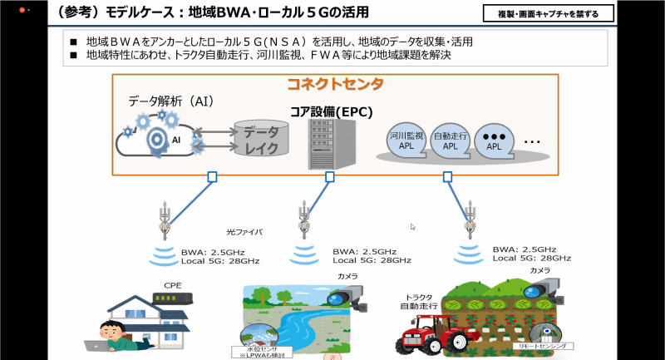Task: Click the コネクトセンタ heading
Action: coord(335,84)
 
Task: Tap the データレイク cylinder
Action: coord(259,139)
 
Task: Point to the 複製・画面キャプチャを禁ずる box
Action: coord(548,14)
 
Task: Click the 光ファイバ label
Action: coord(244,232)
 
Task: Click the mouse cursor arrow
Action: coord(413,226)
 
